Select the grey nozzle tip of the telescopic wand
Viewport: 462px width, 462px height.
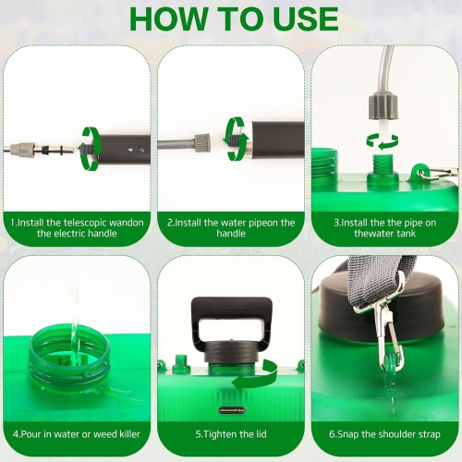21,150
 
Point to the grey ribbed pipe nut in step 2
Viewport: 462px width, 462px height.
202,143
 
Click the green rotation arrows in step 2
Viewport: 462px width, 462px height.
237,139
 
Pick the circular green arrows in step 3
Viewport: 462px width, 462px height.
383,141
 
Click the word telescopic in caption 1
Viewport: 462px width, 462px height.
85,223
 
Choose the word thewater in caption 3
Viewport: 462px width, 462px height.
371,233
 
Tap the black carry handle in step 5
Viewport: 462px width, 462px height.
232,323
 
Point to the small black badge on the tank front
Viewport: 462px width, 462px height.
232,410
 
